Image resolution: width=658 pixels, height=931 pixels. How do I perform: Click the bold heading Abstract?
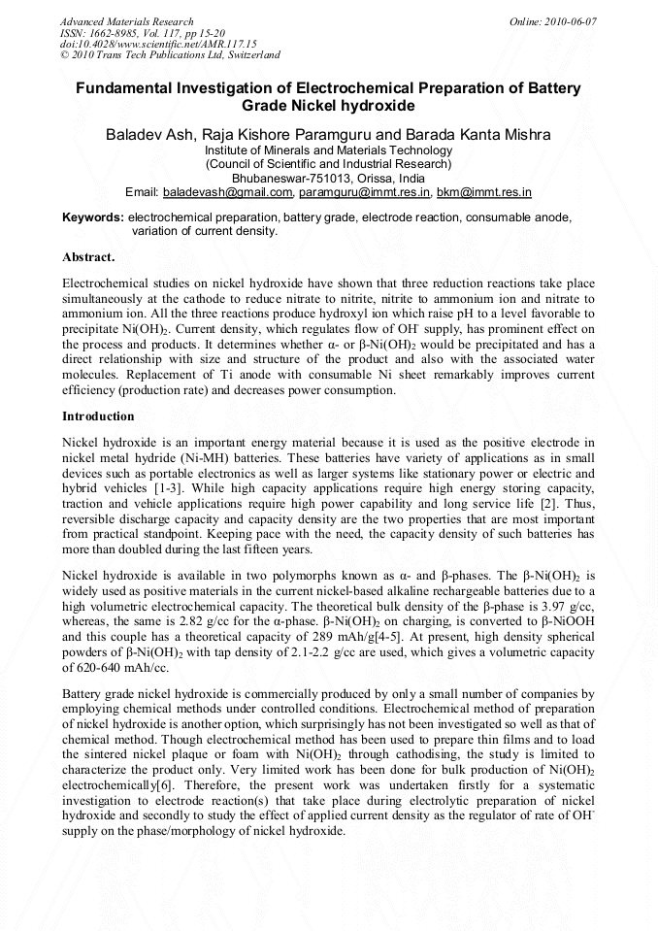click(x=88, y=257)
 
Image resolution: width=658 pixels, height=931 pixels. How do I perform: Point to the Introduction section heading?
click(x=98, y=416)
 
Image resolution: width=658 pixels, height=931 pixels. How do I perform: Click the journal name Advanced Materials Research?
click(x=126, y=21)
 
